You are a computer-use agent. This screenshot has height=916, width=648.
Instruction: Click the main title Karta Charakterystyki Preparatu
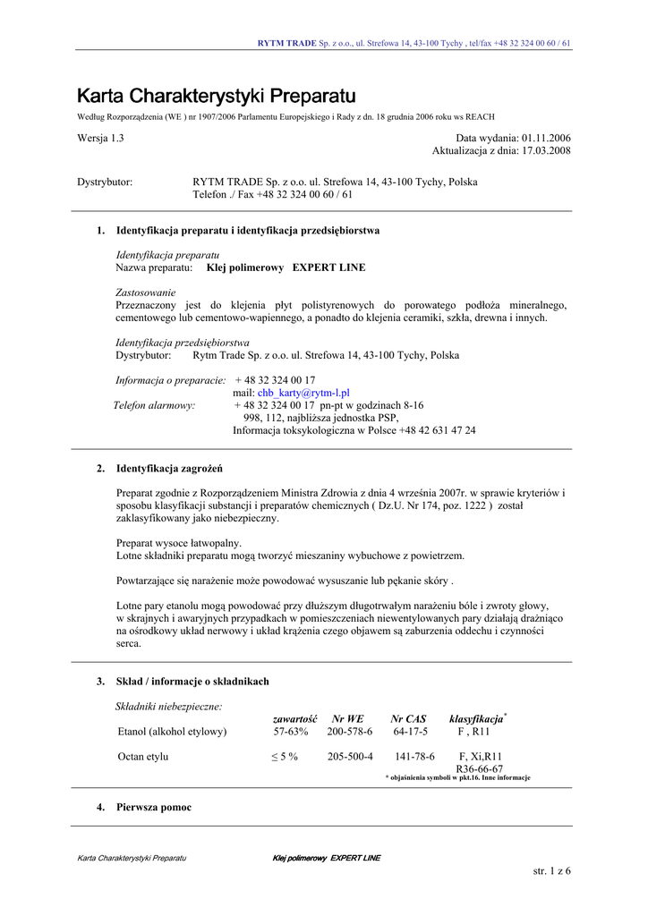[216, 96]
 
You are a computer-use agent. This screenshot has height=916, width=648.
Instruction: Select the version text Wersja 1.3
[100, 139]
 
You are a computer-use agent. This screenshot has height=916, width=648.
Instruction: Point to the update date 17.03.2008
[546, 151]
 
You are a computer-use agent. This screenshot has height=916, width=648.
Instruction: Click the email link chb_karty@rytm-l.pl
[303, 393]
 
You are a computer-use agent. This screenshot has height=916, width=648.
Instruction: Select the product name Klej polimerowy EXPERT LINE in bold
[286, 267]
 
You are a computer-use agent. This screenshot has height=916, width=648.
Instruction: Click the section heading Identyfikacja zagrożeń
[169, 468]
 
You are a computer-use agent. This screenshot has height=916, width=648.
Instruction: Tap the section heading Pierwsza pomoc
[153, 808]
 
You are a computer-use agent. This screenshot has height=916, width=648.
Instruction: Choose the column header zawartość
[294, 718]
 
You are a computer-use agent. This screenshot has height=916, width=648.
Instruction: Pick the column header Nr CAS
[408, 718]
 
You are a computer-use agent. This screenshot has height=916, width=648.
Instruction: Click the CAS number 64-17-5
[411, 732]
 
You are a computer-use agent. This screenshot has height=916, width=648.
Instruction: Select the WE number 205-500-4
[350, 757]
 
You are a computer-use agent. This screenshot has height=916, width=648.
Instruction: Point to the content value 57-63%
[291, 732]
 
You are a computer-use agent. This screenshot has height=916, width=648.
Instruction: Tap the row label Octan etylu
[143, 757]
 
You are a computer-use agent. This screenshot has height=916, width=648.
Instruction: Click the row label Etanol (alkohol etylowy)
[172, 732]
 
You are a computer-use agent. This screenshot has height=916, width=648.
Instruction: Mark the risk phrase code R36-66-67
[479, 769]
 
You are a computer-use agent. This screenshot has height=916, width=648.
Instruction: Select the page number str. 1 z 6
[551, 871]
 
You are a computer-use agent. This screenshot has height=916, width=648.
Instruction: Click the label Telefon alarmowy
[154, 405]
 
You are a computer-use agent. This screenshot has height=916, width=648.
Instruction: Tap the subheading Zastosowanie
[146, 293]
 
